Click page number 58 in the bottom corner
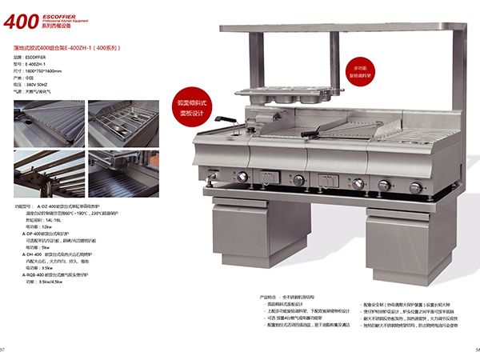tap(474, 350)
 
